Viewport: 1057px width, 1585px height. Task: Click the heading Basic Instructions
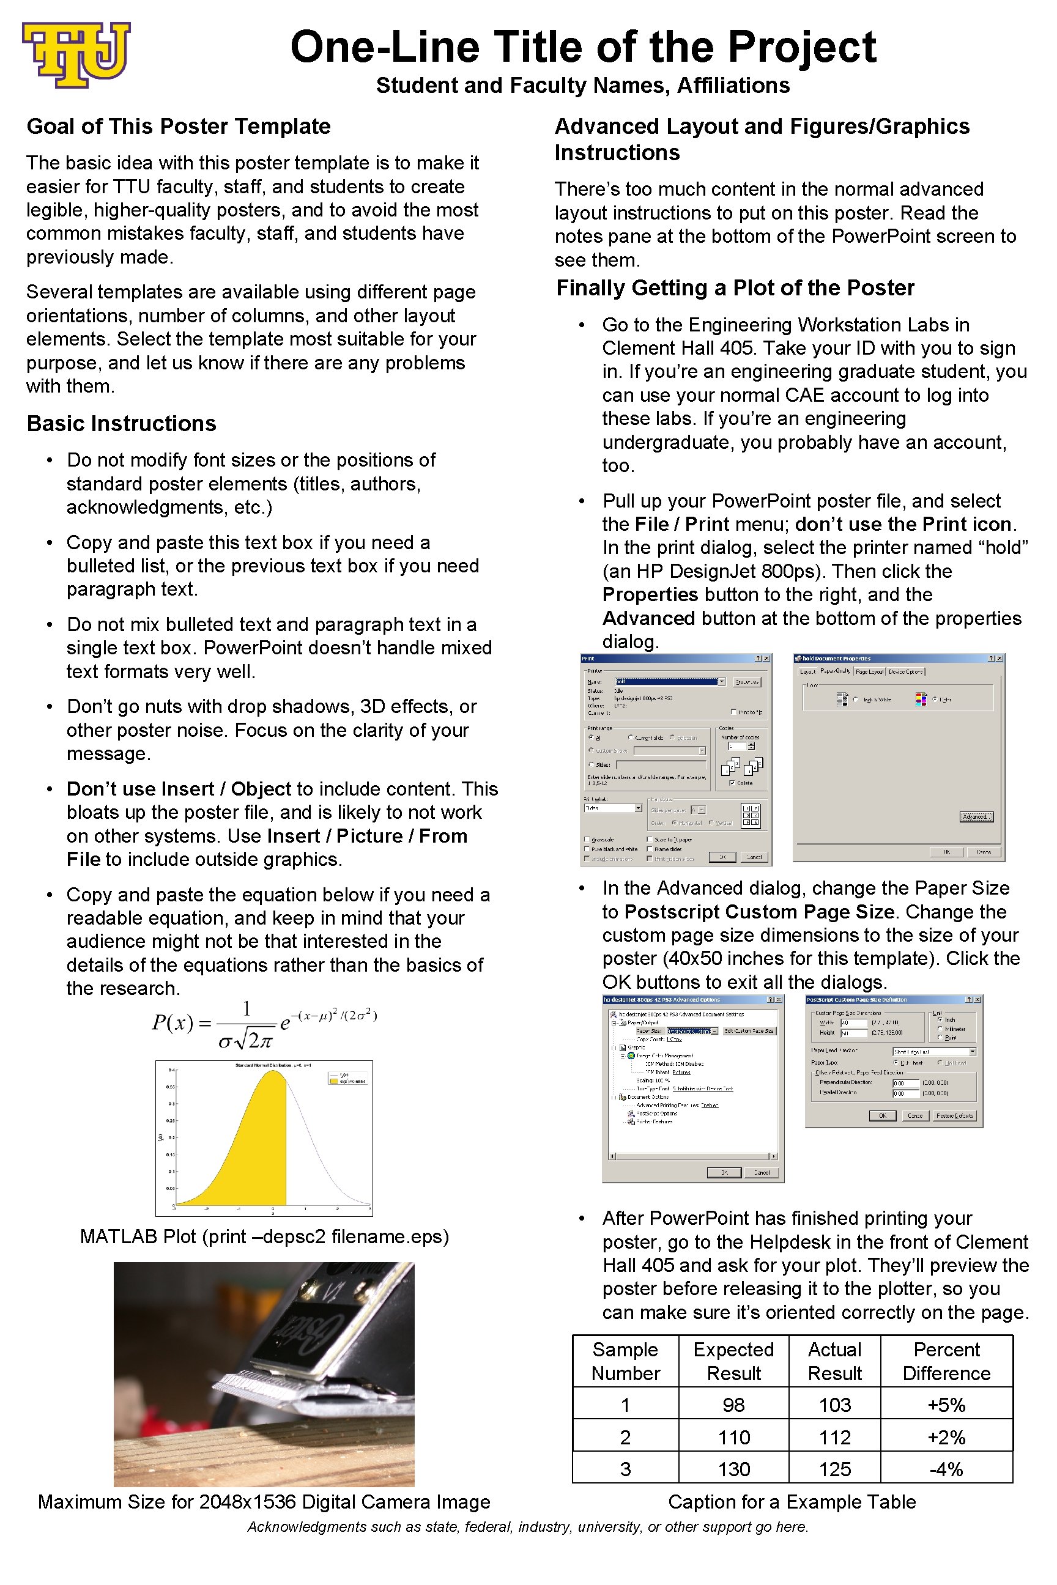(121, 423)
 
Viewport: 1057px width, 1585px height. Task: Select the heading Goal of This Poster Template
(179, 126)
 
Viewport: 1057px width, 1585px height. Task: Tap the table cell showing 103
(834, 1405)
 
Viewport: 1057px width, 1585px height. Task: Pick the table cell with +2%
(946, 1437)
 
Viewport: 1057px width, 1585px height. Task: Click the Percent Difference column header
(946, 1361)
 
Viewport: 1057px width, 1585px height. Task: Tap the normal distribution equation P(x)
(264, 1024)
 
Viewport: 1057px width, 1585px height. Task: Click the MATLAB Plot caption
(264, 1236)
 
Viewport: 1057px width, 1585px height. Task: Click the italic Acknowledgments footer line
(528, 1527)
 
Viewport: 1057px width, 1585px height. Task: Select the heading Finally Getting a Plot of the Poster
(735, 288)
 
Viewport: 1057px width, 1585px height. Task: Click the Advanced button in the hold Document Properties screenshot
(976, 817)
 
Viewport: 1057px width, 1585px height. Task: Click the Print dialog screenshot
(676, 759)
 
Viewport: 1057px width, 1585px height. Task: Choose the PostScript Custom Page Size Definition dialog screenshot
(894, 1062)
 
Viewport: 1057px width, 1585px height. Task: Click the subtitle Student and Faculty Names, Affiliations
(582, 86)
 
